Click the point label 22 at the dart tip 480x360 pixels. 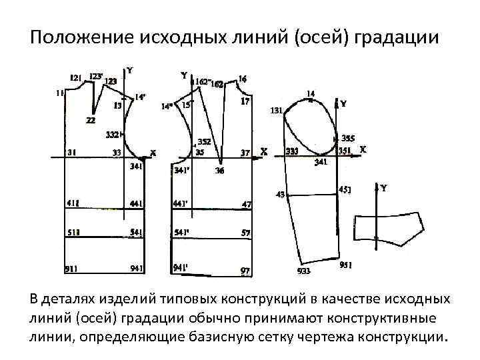90,120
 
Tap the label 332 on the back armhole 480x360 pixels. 113,135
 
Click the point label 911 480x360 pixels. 72,269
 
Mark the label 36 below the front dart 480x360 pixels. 220,171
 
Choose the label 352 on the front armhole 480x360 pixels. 204,141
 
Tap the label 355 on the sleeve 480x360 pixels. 348,139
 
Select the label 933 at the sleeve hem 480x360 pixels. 303,271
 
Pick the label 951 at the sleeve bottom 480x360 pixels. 346,265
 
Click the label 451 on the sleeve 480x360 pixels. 345,189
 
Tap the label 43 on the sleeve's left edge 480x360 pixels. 280,195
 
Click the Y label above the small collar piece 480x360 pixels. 384,189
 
